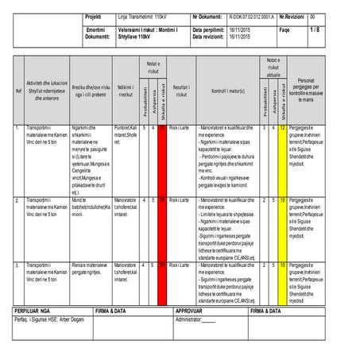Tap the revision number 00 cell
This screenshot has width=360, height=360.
point(312,16)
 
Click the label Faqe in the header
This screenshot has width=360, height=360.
point(285,30)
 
